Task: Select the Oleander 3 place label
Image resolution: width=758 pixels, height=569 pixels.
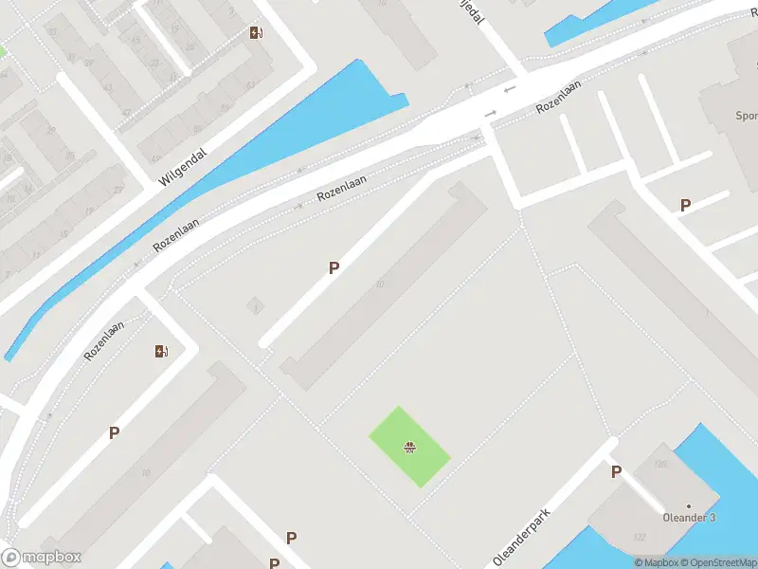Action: pyautogui.click(x=688, y=517)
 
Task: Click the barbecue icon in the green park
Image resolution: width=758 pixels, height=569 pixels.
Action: pyautogui.click(x=409, y=447)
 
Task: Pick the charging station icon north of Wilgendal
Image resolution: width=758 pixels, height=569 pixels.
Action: pyautogui.click(x=256, y=33)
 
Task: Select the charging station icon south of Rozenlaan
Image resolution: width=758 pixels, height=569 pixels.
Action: pyautogui.click(x=161, y=352)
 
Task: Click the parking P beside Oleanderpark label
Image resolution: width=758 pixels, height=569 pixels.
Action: pyautogui.click(x=616, y=472)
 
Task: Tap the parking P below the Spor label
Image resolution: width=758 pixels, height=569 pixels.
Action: pyautogui.click(x=685, y=205)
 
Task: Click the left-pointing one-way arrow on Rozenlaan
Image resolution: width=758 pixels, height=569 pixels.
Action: pyautogui.click(x=510, y=89)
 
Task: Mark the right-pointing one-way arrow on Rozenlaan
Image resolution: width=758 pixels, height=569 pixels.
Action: pyautogui.click(x=490, y=115)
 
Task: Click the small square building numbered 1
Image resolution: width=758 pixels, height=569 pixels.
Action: pyautogui.click(x=254, y=305)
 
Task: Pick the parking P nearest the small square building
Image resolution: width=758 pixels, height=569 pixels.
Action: pyautogui.click(x=334, y=268)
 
